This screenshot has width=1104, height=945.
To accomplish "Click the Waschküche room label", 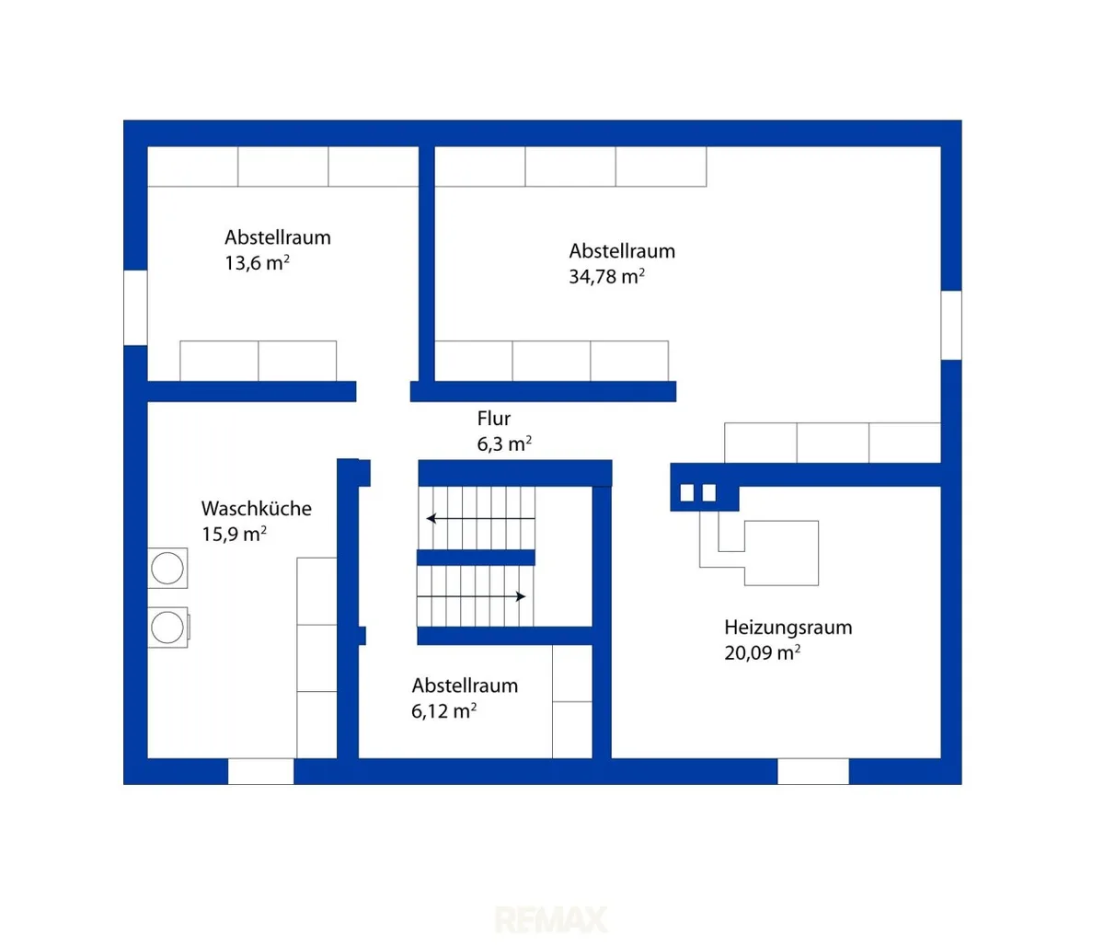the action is (257, 509).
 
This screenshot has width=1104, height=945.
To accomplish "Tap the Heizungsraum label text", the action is (788, 628).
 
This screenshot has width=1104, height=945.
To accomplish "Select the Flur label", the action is (494, 419).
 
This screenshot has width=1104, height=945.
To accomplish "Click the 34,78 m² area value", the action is (607, 276).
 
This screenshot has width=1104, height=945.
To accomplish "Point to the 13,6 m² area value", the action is (257, 263).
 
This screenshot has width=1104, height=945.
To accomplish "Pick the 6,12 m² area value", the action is (443, 711).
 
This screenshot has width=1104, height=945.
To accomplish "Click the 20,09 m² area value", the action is (762, 652).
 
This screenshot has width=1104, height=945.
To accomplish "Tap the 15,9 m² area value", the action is (234, 535).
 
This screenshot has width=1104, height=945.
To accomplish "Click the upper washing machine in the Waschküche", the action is (167, 568).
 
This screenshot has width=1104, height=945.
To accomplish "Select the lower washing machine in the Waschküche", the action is (167, 628).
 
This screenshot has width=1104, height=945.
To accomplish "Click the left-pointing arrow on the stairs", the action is (480, 518).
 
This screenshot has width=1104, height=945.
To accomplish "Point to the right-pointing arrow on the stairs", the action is (472, 596).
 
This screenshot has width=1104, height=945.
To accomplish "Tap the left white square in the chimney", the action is (687, 492).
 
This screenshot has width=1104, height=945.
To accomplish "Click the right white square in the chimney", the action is (709, 492).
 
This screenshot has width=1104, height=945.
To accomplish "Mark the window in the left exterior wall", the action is (135, 307).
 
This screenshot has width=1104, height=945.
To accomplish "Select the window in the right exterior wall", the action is (951, 325).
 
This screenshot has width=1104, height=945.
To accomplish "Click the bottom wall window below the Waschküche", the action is (261, 771).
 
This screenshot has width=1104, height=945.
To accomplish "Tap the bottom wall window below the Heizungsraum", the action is (813, 771).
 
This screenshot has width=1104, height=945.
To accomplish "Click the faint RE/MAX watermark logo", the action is (551, 919).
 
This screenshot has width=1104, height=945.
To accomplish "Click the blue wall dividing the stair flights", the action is (476, 558).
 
